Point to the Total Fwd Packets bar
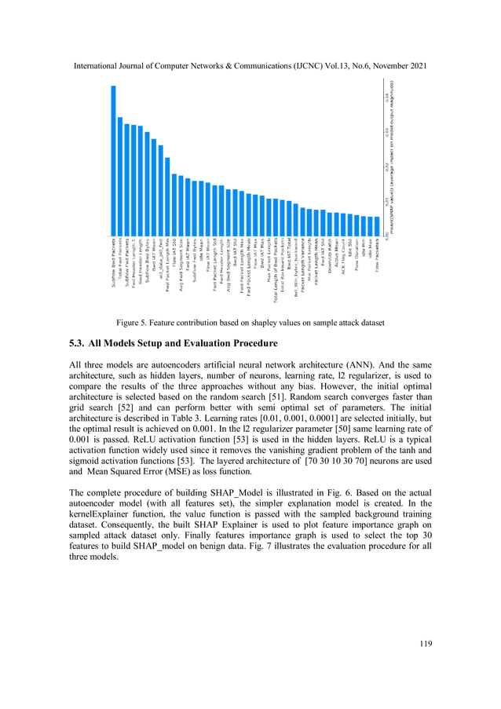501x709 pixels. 120,176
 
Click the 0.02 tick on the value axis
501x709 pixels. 387,166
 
